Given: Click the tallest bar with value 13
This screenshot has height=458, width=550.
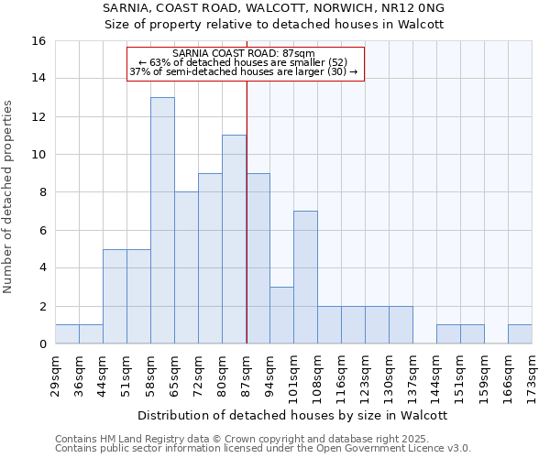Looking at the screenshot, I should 162,221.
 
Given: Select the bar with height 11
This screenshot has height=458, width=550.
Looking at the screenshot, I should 234,240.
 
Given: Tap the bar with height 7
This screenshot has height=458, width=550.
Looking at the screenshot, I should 305,278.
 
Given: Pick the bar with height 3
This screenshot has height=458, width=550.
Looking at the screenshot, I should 281,315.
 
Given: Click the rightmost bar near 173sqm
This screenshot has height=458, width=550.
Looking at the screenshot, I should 520,334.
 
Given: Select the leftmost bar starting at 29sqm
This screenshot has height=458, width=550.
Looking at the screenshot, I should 67,334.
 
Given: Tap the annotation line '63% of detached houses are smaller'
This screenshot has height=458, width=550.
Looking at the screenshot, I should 246,62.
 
